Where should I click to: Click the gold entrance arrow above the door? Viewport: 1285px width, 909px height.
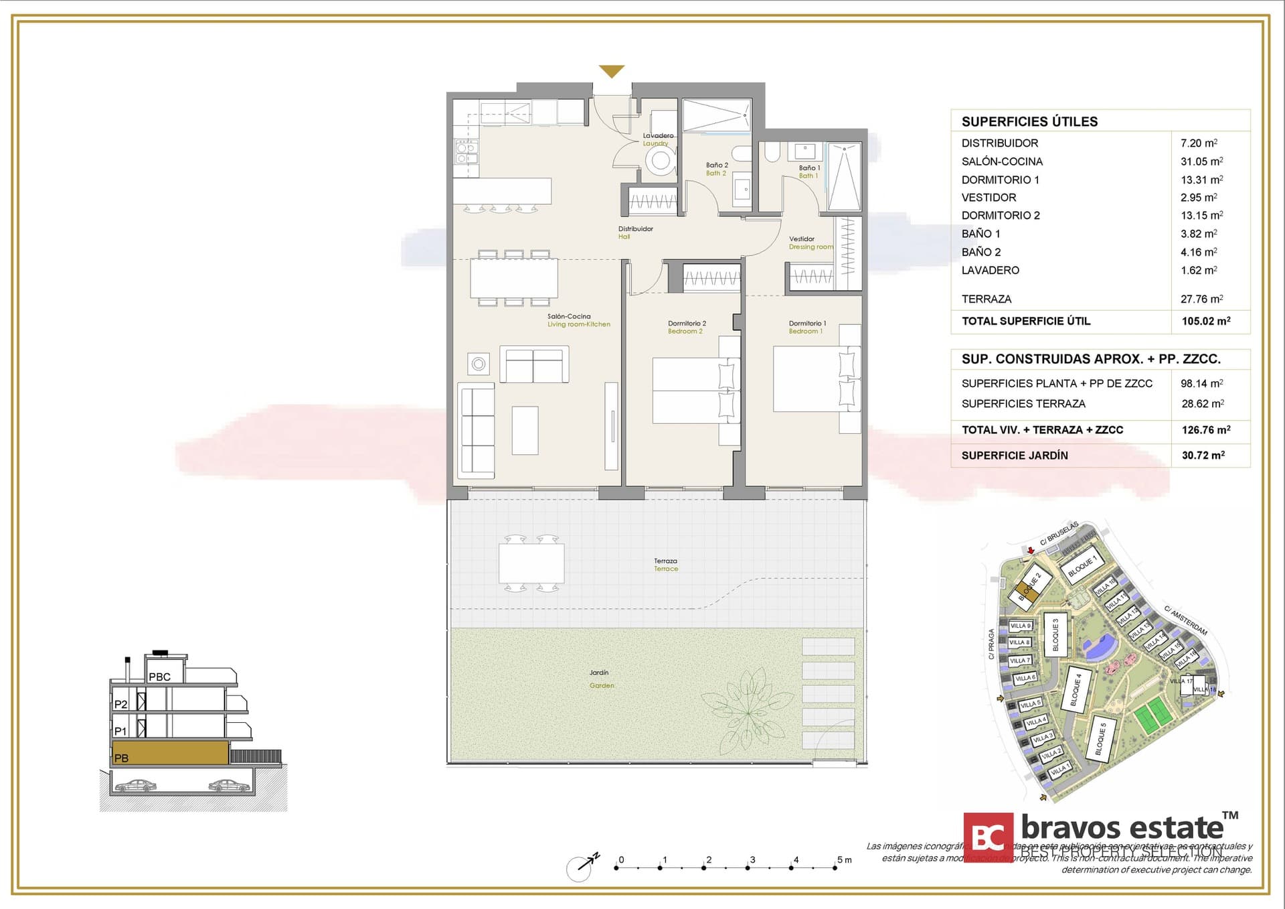(611, 70)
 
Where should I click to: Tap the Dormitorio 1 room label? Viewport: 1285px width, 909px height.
(806, 327)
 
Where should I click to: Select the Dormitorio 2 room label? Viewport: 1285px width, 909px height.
(687, 327)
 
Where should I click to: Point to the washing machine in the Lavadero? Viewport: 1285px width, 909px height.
(661, 160)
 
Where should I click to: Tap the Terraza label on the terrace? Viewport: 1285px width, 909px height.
(665, 565)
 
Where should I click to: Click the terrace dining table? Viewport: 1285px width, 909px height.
(531, 563)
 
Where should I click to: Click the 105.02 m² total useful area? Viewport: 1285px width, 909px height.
(1205, 321)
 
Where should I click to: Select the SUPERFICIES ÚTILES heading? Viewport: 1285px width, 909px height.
(1029, 121)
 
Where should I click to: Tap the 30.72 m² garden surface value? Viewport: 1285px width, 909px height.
(1203, 456)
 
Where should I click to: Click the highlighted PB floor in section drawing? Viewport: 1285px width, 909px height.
(171, 753)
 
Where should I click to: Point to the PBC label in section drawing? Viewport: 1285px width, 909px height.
(159, 677)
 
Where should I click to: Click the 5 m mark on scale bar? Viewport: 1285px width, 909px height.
(835, 867)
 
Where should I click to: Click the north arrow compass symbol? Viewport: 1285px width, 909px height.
(580, 867)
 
